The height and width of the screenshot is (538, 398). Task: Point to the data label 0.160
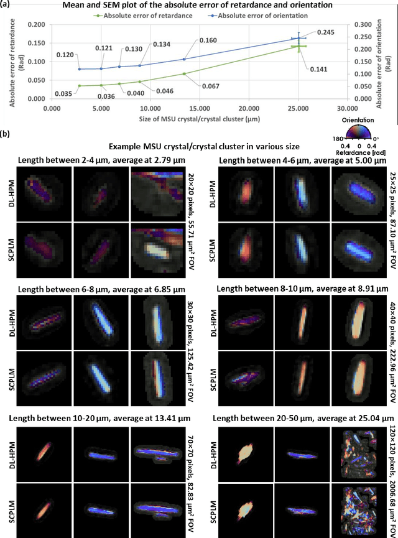pos(208,40)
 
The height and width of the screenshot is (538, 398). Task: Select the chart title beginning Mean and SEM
pos(198,5)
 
